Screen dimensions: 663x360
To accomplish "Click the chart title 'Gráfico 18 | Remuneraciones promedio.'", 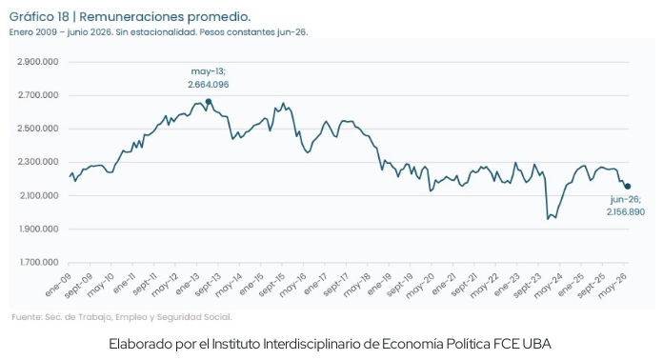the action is click(x=130, y=17).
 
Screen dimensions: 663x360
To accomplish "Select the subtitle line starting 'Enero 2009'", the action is click(x=158, y=32).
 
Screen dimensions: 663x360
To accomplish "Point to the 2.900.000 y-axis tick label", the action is click(x=38, y=62).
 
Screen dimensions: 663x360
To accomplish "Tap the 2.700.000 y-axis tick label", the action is click(x=38, y=95).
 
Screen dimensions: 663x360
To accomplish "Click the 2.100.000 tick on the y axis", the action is click(x=38, y=195).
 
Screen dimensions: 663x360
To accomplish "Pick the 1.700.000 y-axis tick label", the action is click(x=38, y=263).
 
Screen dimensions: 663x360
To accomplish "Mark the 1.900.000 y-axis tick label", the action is click(x=38, y=229).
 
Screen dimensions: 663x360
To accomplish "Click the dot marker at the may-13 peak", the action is click(x=209, y=101).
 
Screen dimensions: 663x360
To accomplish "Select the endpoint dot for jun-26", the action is click(x=628, y=187).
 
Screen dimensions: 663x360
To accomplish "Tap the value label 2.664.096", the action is click(x=209, y=85).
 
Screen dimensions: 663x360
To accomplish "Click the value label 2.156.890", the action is click(x=626, y=212).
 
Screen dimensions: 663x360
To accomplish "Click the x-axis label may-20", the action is click(x=420, y=285).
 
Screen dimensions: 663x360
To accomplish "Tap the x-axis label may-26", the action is click(x=613, y=285).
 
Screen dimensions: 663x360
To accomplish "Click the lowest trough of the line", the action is click(x=548, y=219).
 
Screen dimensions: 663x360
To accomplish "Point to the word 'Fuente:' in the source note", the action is click(x=27, y=317).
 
